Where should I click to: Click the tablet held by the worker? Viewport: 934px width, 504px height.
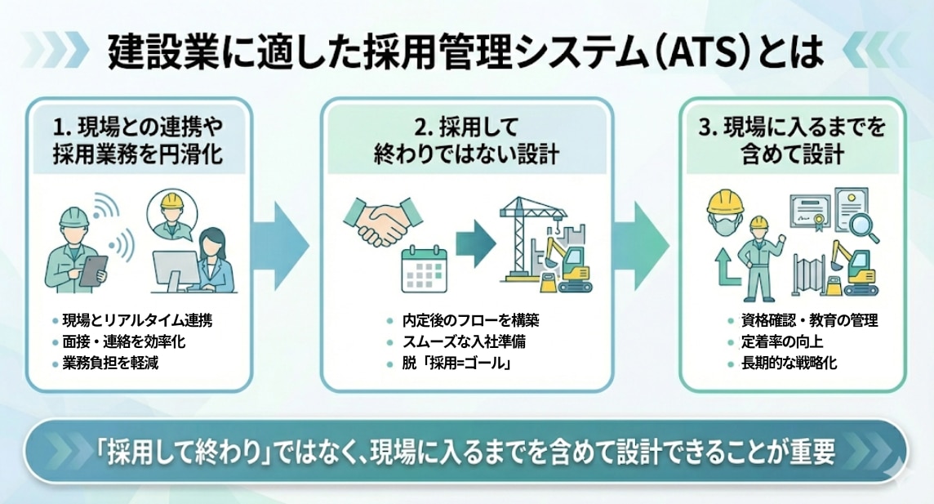click(x=93, y=268)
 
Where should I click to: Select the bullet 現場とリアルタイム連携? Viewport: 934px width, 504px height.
click(x=136, y=319)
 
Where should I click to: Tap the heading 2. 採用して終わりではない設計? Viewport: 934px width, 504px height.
click(x=467, y=141)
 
